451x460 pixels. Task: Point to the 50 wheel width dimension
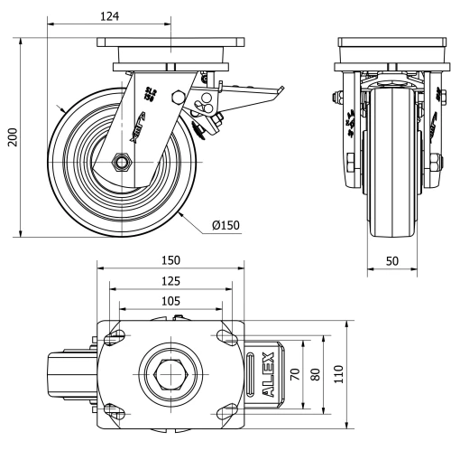tap(392, 259)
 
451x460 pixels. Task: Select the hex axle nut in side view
tap(121, 163)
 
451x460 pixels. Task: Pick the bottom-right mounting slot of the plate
tap(223, 407)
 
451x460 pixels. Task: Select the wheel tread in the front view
tap(392, 217)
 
